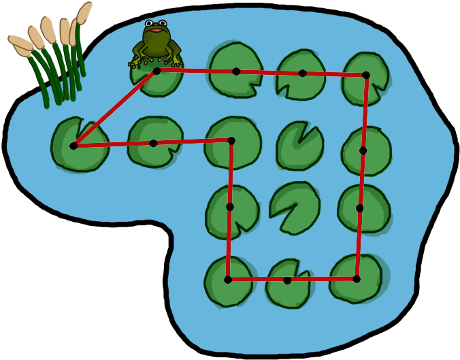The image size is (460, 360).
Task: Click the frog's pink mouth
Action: pyautogui.click(x=156, y=30)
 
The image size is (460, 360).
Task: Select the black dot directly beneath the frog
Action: pyautogui.click(x=157, y=71)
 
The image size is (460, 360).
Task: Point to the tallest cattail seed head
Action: pyautogui.click(x=84, y=12)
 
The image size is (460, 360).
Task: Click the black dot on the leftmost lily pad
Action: pyautogui.click(x=73, y=146)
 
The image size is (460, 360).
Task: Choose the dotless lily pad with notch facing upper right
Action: pyautogui.click(x=298, y=146)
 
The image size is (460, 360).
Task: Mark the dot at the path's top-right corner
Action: pyautogui.click(x=365, y=75)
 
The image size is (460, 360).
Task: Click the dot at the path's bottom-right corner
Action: pyautogui.click(x=357, y=279)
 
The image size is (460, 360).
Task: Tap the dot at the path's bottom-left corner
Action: pyautogui.click(x=228, y=280)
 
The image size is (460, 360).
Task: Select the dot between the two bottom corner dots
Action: pyautogui.click(x=287, y=280)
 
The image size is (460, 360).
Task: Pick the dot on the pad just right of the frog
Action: pyautogui.click(x=236, y=71)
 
